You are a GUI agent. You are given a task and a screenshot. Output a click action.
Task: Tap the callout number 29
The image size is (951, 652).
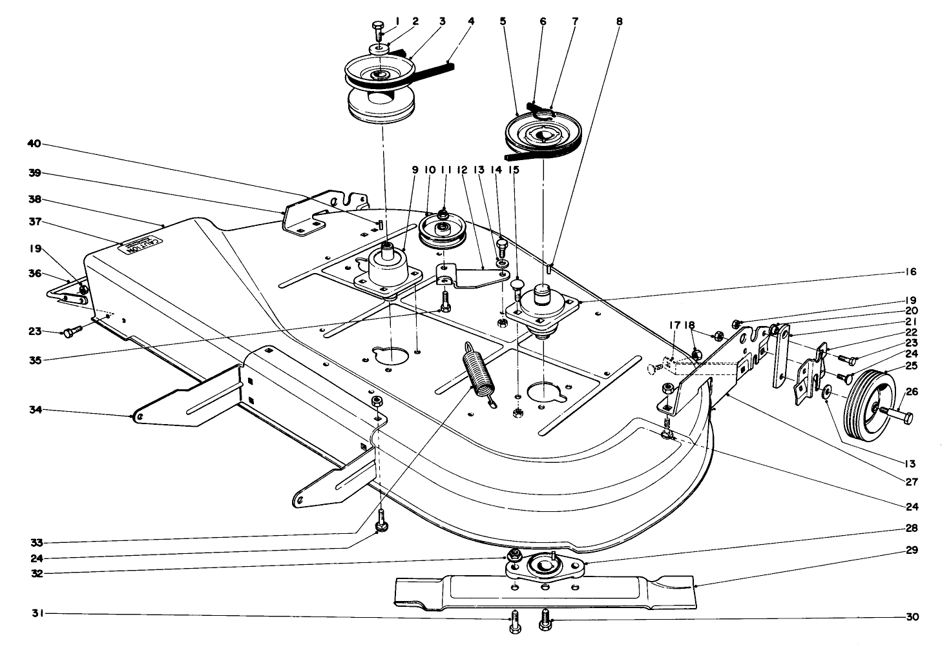912,550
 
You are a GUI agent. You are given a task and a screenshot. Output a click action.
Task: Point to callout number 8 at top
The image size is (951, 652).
620,21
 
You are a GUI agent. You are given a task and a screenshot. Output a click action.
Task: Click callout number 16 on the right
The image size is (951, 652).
911,272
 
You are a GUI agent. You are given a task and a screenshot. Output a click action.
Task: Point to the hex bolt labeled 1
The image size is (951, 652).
378,27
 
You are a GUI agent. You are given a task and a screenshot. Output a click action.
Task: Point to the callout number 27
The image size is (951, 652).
912,481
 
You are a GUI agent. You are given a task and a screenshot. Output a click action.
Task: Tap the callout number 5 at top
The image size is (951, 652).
502,21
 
